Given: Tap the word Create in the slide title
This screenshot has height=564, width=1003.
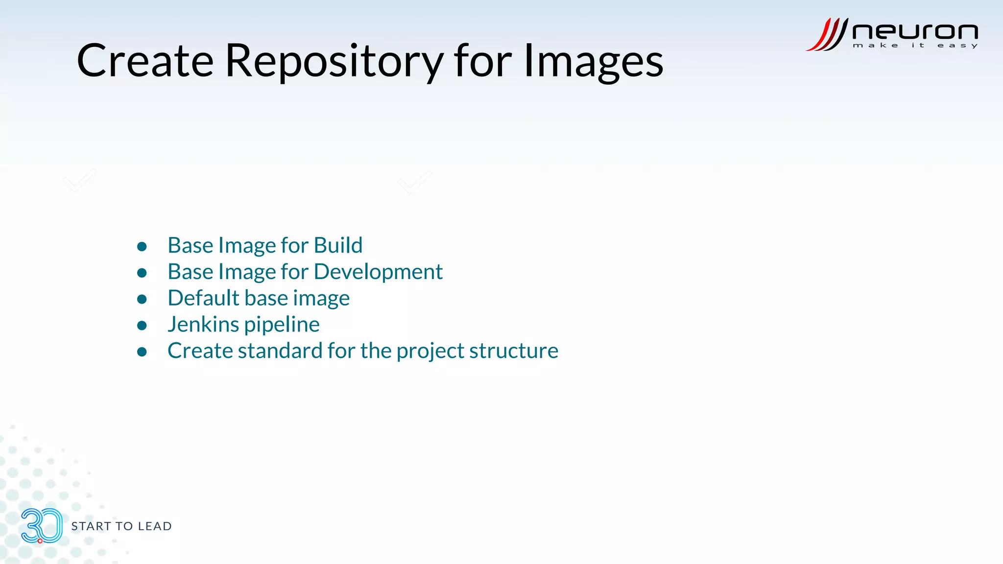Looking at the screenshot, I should [145, 62].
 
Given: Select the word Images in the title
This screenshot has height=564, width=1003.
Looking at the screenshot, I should [593, 62].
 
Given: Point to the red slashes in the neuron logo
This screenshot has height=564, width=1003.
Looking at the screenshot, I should [827, 34].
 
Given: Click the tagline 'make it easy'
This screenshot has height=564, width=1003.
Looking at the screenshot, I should [915, 46].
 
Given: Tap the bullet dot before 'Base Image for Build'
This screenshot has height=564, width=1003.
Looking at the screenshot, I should [142, 246].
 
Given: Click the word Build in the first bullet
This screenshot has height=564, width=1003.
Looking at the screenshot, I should [338, 245].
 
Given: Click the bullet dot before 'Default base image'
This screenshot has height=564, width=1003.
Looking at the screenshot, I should [142, 299].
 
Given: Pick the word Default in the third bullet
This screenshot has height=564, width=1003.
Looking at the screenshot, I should [203, 298].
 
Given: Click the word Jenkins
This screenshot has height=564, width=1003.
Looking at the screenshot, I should [203, 325].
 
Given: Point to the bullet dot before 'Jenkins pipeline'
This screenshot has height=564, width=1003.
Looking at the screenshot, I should [142, 326].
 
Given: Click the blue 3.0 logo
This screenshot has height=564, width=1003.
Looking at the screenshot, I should [42, 526].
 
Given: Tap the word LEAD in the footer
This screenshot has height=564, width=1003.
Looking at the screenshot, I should [155, 526].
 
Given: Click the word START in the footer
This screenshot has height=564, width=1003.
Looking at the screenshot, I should [91, 526].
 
